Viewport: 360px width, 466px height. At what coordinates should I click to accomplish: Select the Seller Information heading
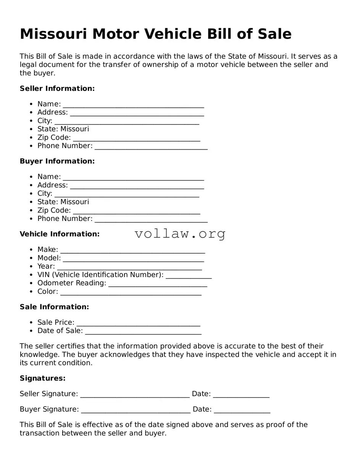click(x=57, y=89)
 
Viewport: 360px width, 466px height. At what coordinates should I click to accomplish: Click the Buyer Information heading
click(x=57, y=161)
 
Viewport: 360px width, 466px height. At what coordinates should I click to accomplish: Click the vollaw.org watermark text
click(x=180, y=234)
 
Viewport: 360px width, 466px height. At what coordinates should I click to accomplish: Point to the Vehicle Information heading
click(x=60, y=234)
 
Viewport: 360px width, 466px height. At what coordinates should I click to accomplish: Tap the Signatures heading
click(x=42, y=378)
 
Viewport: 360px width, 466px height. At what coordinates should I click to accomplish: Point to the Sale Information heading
click(x=54, y=307)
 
